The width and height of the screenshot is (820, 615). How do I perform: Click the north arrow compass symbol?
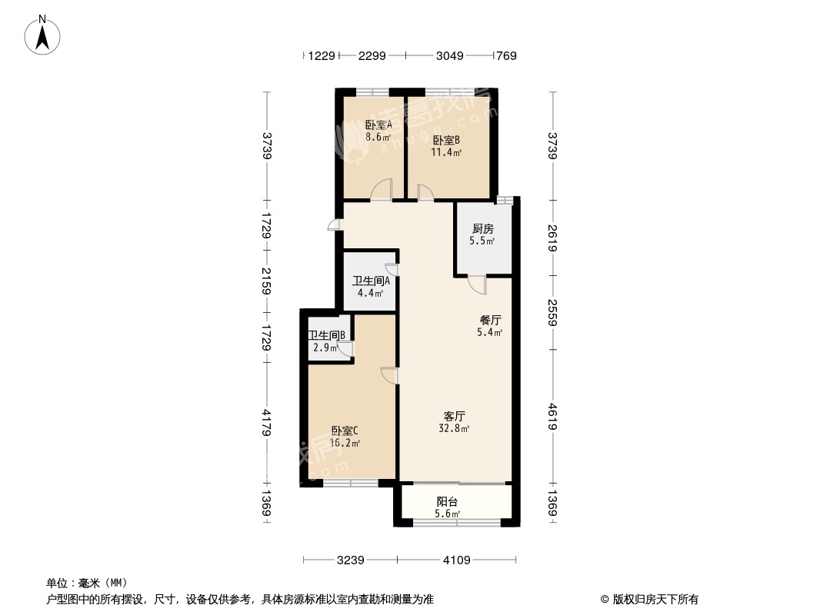[42, 35]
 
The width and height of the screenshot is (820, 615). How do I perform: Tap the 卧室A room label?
[378, 125]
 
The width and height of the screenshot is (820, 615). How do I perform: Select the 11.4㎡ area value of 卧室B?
[446, 152]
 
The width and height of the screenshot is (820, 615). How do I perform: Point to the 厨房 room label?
[482, 228]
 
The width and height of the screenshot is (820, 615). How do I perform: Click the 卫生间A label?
[372, 281]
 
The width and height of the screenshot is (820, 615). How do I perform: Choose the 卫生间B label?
[327, 335]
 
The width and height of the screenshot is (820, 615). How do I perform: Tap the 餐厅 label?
[491, 320]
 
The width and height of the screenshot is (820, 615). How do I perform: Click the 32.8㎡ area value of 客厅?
[454, 428]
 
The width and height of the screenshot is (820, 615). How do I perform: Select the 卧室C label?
[345, 431]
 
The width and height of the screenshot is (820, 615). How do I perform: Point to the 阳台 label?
[448, 502]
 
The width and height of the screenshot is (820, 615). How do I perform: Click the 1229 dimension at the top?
[322, 55]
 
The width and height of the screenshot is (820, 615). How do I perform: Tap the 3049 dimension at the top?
[450, 55]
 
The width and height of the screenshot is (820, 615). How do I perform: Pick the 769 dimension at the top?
[506, 55]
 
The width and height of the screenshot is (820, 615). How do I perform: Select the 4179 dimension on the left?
[267, 423]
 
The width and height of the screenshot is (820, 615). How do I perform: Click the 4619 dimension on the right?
[553, 417]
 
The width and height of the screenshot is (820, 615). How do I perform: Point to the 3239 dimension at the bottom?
[350, 560]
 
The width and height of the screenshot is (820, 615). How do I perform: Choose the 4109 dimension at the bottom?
[457, 560]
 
